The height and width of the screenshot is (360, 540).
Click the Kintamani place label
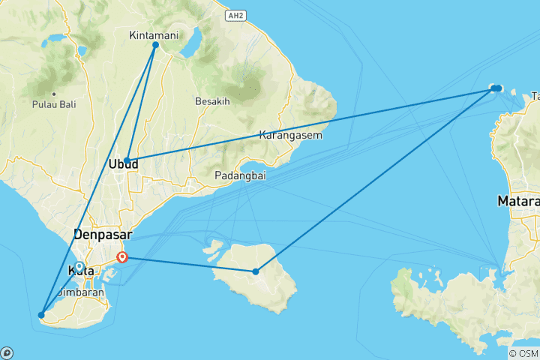coord(154,35)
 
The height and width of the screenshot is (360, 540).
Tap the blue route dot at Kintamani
coord(156,45)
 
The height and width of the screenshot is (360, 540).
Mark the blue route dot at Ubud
coord(127,160)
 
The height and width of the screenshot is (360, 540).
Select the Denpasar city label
coord(101,233)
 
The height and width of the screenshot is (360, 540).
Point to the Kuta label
coord(79,270)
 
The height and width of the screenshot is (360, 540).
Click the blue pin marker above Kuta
coord(79,267)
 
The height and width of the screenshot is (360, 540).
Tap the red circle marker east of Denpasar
coord(123,258)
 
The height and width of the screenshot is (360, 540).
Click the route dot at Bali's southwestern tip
coord(41,315)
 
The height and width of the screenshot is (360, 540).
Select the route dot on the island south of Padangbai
coord(256,271)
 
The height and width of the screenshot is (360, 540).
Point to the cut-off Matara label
coord(518,202)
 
